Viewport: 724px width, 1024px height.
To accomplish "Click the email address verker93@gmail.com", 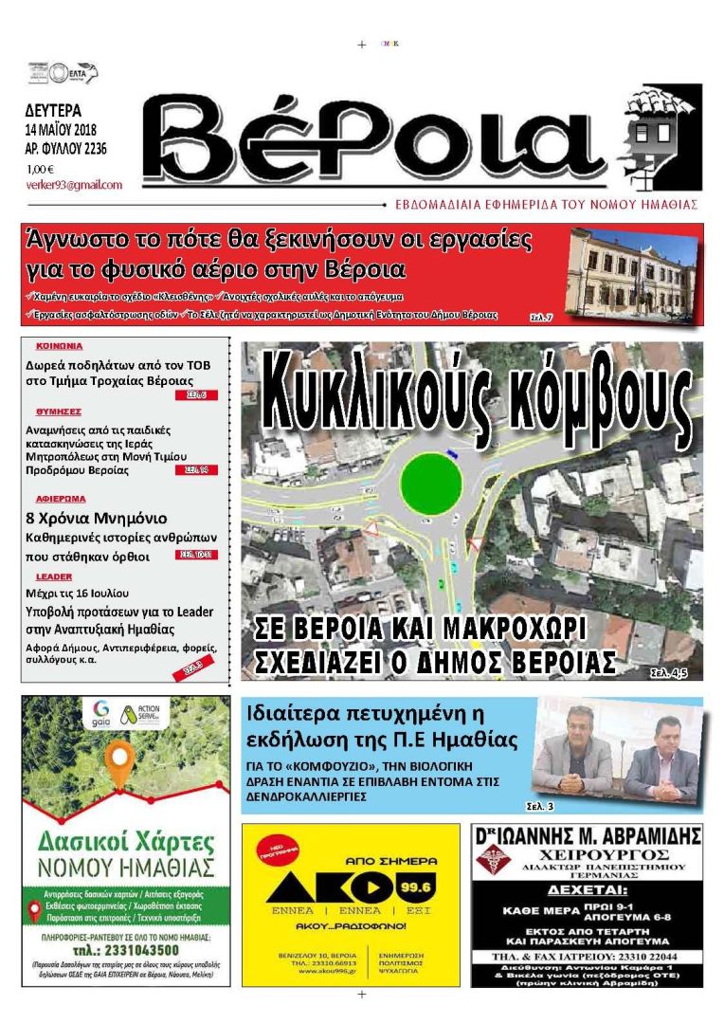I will [74, 185].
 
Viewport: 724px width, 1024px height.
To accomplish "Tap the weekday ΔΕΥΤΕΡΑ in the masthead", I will [53, 109].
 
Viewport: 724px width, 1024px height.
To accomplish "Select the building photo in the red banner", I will [632, 274].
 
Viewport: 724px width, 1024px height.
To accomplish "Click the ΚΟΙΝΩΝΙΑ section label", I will [60, 346].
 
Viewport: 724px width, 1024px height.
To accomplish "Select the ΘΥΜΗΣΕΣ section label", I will [58, 411].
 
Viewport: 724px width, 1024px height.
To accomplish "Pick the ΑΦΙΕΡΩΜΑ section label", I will [61, 498].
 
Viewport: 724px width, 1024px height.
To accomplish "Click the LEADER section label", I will [54, 576].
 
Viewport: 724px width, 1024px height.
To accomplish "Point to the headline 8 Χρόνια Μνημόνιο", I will [96, 519].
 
